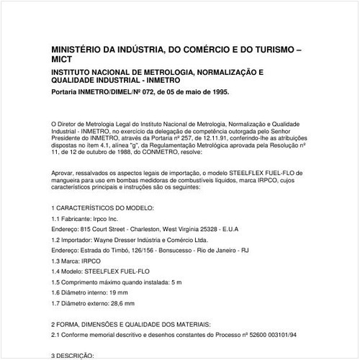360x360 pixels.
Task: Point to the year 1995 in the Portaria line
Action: coord(218,94)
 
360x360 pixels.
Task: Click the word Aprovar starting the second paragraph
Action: coord(64,174)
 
